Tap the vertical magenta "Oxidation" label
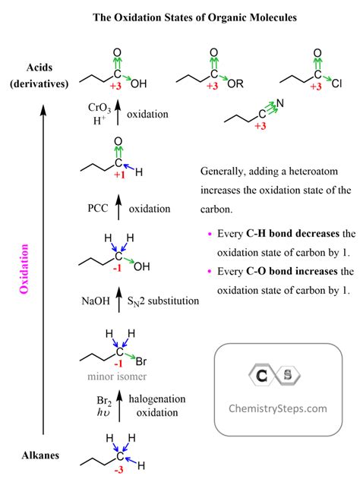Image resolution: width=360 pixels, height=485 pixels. [24, 269]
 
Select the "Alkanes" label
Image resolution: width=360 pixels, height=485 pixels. [40, 455]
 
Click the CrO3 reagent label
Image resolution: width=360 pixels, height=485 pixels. [99, 108]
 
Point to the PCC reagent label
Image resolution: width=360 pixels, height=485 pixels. [98, 208]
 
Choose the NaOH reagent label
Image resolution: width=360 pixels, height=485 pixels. [96, 301]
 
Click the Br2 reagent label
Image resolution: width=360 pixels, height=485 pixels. [104, 401]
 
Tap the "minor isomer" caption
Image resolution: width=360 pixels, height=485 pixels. [117, 376]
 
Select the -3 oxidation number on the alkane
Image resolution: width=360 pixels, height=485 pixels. [118, 470]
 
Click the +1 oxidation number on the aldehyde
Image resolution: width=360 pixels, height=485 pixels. [119, 175]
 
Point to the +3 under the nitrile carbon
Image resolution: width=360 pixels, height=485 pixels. [261, 126]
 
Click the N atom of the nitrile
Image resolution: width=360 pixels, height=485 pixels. [279, 103]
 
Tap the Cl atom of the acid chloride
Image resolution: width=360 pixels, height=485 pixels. [336, 83]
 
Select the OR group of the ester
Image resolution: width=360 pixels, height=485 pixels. [235, 83]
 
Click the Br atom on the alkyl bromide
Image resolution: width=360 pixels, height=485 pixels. [141, 361]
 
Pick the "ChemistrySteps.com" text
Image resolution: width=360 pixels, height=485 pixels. [278, 408]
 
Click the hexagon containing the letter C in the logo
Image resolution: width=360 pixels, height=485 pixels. [262, 376]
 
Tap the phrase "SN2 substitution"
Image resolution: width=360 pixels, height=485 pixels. [163, 301]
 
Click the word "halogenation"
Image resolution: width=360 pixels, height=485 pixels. [157, 399]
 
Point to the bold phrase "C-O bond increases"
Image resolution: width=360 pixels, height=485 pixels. [292, 271]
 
